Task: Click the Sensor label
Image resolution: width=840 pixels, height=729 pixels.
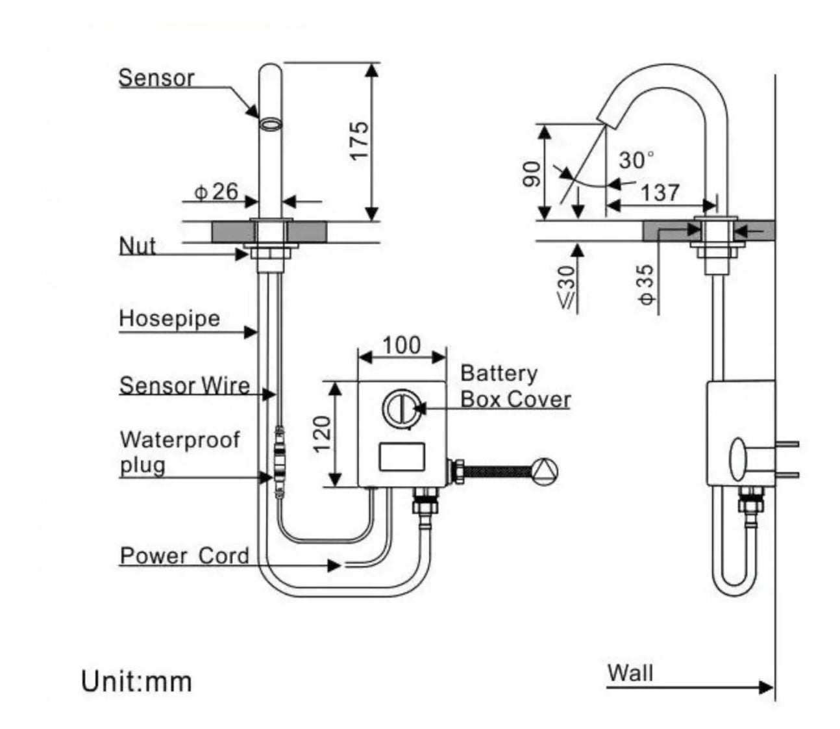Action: tap(156, 78)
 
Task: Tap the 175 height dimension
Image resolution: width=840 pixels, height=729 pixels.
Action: tap(358, 140)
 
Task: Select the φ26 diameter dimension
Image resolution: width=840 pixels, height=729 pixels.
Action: tap(217, 192)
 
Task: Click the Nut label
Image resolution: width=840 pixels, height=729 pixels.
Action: tap(138, 246)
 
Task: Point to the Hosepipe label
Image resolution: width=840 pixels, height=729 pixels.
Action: tap(169, 319)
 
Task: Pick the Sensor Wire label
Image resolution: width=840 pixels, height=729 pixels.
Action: tap(184, 385)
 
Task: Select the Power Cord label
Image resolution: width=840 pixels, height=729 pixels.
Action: tap(184, 556)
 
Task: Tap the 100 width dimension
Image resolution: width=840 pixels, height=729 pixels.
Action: tap(402, 345)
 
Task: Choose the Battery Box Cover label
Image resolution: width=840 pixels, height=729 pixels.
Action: tap(515, 387)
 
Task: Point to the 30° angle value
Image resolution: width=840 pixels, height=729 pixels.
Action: tap(636, 160)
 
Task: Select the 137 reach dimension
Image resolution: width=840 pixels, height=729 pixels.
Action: tap(660, 192)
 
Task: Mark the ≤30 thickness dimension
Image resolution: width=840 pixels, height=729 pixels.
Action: tap(567, 286)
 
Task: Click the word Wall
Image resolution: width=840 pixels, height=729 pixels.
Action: tap(630, 672)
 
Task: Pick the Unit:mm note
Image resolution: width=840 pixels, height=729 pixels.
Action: tap(137, 682)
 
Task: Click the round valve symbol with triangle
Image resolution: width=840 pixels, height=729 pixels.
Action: tap(544, 470)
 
